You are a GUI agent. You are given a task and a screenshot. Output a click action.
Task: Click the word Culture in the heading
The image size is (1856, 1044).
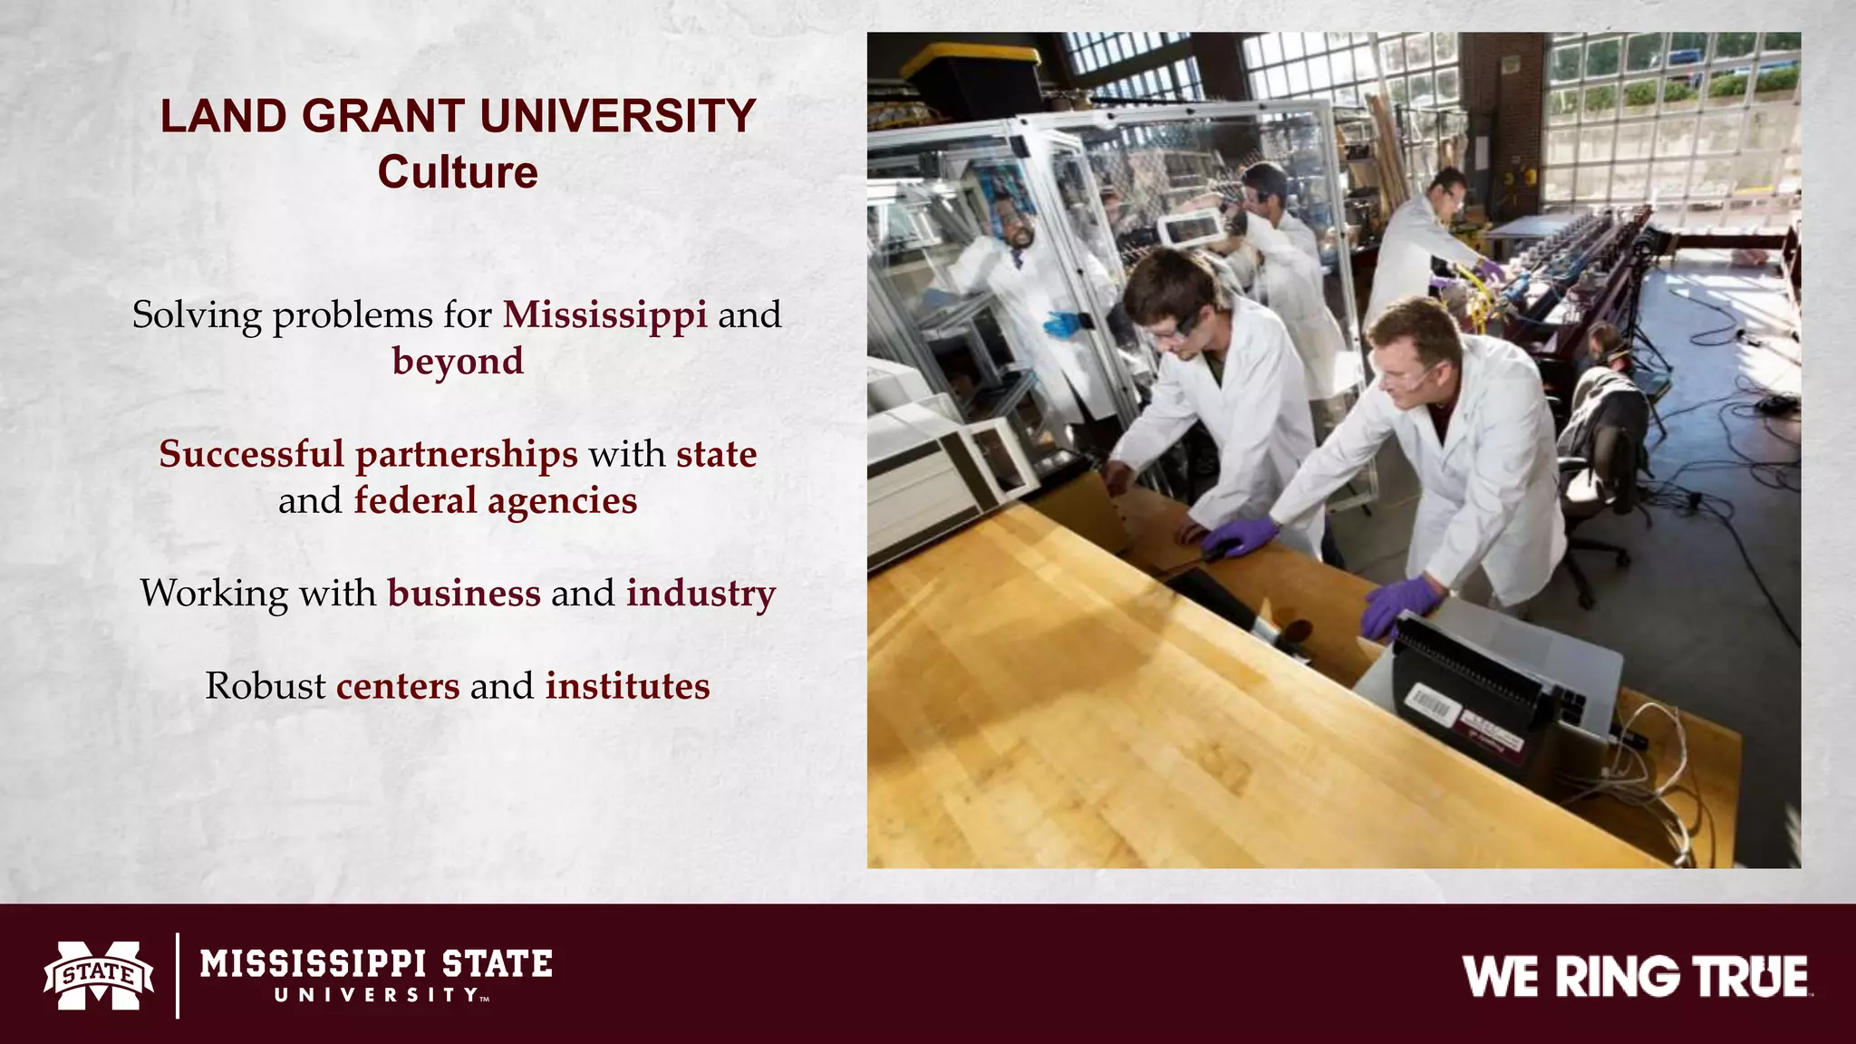click(458, 172)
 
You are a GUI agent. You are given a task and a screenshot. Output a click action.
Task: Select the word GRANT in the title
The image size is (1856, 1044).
click(382, 117)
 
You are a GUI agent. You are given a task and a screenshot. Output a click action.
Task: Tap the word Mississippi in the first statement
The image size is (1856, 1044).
click(604, 314)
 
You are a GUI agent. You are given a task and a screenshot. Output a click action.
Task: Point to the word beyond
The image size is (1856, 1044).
click(458, 361)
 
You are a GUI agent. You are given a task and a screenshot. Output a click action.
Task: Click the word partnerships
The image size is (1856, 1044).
click(466, 455)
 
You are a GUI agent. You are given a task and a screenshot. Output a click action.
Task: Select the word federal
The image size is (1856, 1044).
click(415, 500)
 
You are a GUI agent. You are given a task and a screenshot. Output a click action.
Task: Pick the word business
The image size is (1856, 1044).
click(464, 593)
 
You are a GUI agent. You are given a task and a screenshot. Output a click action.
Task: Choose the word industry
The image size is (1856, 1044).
click(701, 593)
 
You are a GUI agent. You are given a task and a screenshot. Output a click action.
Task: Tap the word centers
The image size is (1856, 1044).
click(398, 686)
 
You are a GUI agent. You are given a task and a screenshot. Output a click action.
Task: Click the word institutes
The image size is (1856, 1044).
click(627, 686)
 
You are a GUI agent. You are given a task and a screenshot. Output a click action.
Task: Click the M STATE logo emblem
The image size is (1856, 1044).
click(99, 975)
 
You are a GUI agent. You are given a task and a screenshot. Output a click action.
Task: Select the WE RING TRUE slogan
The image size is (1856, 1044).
click(1635, 977)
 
